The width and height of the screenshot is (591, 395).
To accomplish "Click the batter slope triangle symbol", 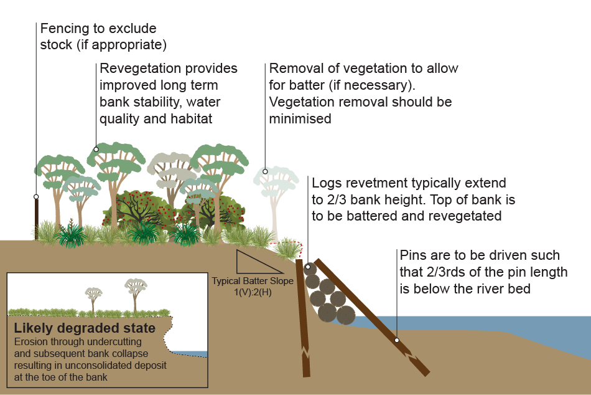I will (255, 262).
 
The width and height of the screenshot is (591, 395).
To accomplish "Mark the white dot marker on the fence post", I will (36, 197).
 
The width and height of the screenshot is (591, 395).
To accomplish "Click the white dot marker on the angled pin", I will (396, 340).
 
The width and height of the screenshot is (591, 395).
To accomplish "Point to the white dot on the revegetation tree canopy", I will (96, 149).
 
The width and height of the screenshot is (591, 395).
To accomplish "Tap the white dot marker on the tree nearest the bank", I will (265, 171).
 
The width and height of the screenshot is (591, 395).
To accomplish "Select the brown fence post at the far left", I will (36, 218).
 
